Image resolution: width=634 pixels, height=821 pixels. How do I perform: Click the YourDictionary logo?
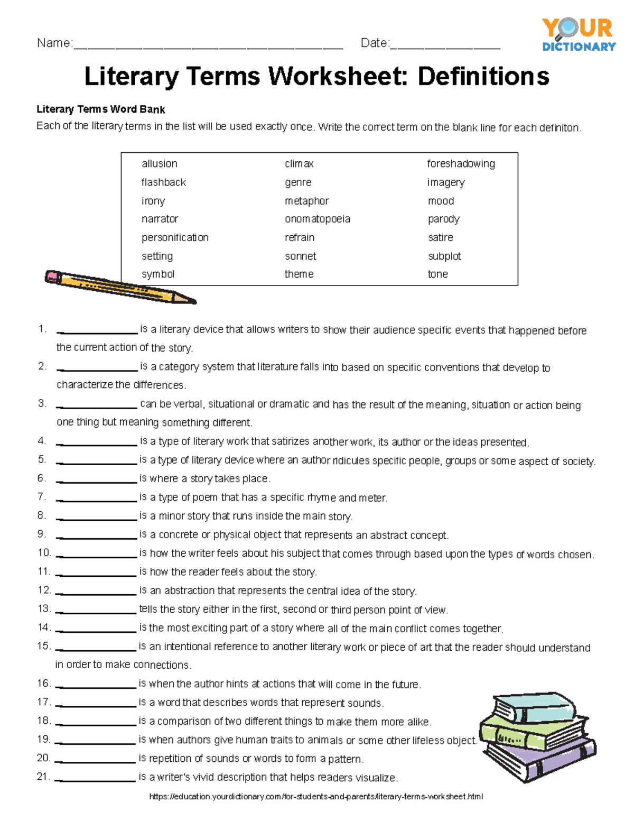579,34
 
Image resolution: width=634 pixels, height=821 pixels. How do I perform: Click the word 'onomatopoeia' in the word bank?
317,219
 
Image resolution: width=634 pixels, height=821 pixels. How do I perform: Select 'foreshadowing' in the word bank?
461,164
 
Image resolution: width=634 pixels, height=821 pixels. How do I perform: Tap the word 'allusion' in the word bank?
159,164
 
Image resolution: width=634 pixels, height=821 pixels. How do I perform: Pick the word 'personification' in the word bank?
175,237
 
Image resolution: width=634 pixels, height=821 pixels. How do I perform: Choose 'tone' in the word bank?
437,274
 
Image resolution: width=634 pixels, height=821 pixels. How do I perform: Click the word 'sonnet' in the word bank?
300,256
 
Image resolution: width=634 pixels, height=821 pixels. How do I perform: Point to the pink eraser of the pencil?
53,276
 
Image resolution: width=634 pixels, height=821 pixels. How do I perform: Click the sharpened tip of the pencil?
193,301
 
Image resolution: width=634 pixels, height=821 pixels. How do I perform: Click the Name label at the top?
54,43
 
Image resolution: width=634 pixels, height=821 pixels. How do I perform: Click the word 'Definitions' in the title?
483,76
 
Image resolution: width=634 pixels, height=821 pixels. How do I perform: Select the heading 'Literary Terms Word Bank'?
100,109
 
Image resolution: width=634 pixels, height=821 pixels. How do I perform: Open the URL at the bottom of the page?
316,796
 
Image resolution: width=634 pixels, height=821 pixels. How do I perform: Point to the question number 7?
42,496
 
